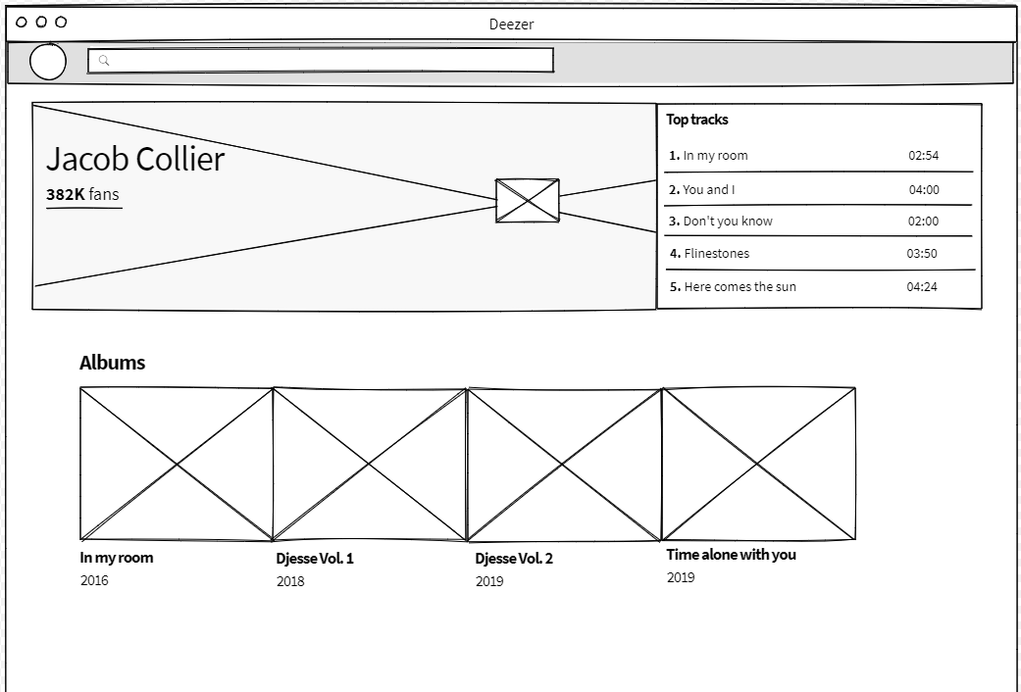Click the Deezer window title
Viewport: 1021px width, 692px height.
511,25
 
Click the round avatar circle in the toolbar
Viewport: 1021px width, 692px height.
47,62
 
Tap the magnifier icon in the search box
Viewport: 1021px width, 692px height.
104,61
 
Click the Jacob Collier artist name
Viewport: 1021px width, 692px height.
135,159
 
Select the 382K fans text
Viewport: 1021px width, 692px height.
82,194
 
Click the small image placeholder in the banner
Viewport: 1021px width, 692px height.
528,201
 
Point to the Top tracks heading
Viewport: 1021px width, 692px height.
696,120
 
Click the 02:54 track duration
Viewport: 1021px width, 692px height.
923,156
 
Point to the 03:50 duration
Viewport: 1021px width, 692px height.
922,253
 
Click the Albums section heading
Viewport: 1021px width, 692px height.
112,363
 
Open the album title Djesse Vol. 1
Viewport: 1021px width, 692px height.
315,559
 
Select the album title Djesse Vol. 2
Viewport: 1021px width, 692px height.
514,559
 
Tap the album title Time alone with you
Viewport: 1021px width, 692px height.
731,555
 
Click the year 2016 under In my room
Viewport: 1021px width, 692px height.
94,580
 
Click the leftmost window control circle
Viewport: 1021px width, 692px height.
22,23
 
